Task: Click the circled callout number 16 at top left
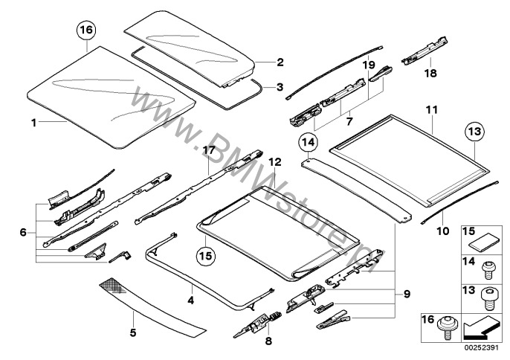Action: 86,31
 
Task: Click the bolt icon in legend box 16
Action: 450,323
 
